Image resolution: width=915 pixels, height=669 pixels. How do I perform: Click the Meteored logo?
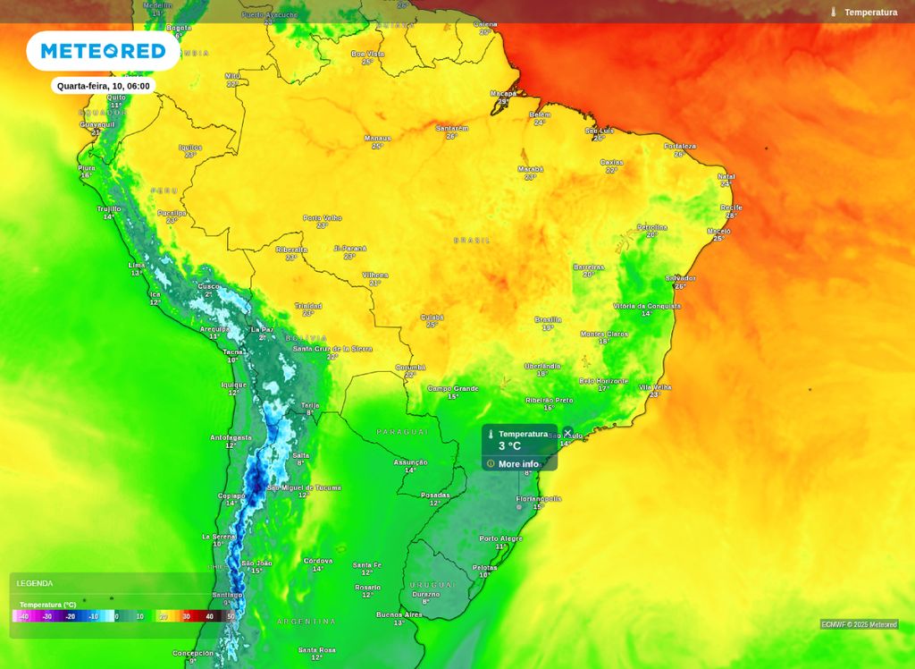[x=103, y=51]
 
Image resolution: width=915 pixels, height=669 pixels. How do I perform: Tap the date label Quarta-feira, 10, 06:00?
[x=103, y=86]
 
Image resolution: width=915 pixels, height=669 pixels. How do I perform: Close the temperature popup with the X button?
[x=567, y=433]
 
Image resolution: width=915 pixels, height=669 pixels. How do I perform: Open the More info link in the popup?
[x=518, y=464]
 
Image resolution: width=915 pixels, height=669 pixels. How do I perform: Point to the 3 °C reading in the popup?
[x=509, y=446]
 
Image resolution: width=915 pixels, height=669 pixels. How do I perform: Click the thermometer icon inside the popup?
[x=491, y=434]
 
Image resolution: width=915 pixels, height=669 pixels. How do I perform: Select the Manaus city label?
[x=378, y=139]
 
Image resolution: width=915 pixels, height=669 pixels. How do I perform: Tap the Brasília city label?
[x=548, y=319]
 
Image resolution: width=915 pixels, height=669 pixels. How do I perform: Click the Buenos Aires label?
[x=399, y=614]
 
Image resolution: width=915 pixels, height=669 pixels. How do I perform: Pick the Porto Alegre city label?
[x=500, y=538]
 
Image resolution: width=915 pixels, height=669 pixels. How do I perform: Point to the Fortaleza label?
[x=679, y=147]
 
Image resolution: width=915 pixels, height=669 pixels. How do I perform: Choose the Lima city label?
[x=137, y=266]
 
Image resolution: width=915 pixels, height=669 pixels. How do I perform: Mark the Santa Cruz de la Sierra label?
[x=332, y=349]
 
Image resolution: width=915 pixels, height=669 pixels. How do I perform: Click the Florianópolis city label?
[x=539, y=499]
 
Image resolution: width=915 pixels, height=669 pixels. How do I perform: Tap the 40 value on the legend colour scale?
[x=209, y=616]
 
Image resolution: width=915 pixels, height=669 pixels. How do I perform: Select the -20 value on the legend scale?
[x=70, y=616]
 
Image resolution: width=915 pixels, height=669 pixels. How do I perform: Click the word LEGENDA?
[x=35, y=583]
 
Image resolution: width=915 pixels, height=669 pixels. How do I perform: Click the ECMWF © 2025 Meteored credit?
[x=859, y=624]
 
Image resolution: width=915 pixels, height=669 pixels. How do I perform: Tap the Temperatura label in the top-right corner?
[x=870, y=13]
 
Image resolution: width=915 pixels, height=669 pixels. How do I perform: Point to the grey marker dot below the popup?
[x=518, y=507]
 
